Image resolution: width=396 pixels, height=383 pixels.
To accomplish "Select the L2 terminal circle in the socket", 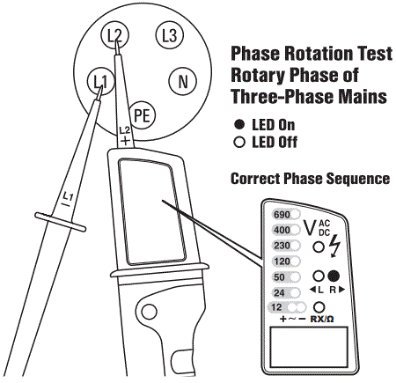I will [x=113, y=35].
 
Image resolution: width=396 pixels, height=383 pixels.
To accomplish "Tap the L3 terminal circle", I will [x=167, y=36].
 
